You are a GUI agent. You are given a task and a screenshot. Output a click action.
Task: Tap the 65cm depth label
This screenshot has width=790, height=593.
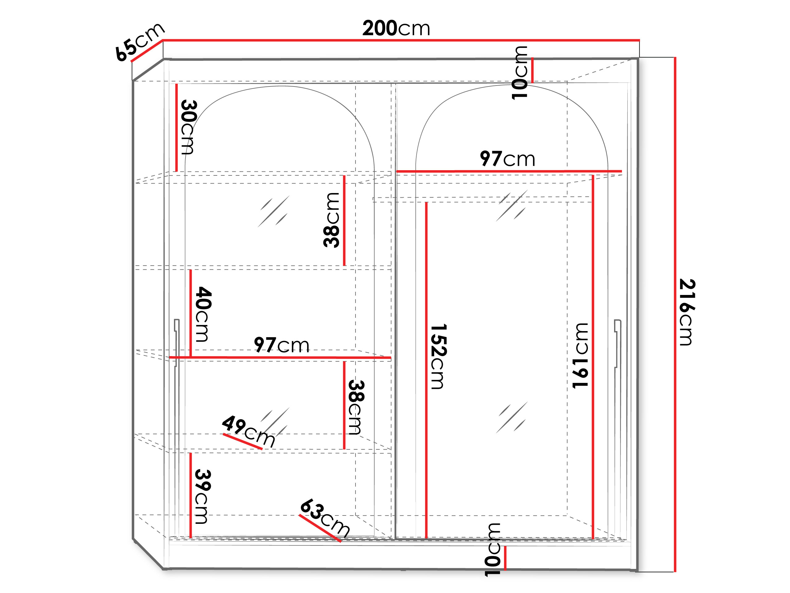140,42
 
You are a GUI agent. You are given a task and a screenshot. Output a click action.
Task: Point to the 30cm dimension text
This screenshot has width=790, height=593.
189,127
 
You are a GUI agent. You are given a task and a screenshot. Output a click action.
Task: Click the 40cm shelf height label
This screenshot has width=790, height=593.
204,314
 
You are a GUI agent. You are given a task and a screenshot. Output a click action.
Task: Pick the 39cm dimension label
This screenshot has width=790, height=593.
203,497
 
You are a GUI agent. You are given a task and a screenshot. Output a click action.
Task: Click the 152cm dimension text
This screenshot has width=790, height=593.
439,356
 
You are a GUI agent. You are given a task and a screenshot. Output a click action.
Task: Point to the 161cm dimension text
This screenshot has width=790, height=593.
580,356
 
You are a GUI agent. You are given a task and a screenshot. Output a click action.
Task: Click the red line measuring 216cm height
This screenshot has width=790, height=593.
675,314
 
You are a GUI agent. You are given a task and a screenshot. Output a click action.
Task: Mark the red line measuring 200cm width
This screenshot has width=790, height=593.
401,40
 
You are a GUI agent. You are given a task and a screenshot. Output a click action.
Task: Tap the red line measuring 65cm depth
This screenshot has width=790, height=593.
147,50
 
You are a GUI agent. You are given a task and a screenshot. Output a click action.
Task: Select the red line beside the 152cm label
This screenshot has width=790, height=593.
426,370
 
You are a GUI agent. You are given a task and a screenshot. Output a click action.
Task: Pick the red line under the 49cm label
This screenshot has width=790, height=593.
243,441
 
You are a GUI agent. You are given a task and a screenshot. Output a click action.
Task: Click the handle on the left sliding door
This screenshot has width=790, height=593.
177,343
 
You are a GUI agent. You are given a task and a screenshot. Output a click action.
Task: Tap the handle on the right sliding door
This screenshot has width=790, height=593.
617,343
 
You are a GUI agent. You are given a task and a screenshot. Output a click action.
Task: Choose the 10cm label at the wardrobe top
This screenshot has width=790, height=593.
520,73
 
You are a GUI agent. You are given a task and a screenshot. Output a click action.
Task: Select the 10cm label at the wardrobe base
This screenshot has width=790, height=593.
493,550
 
